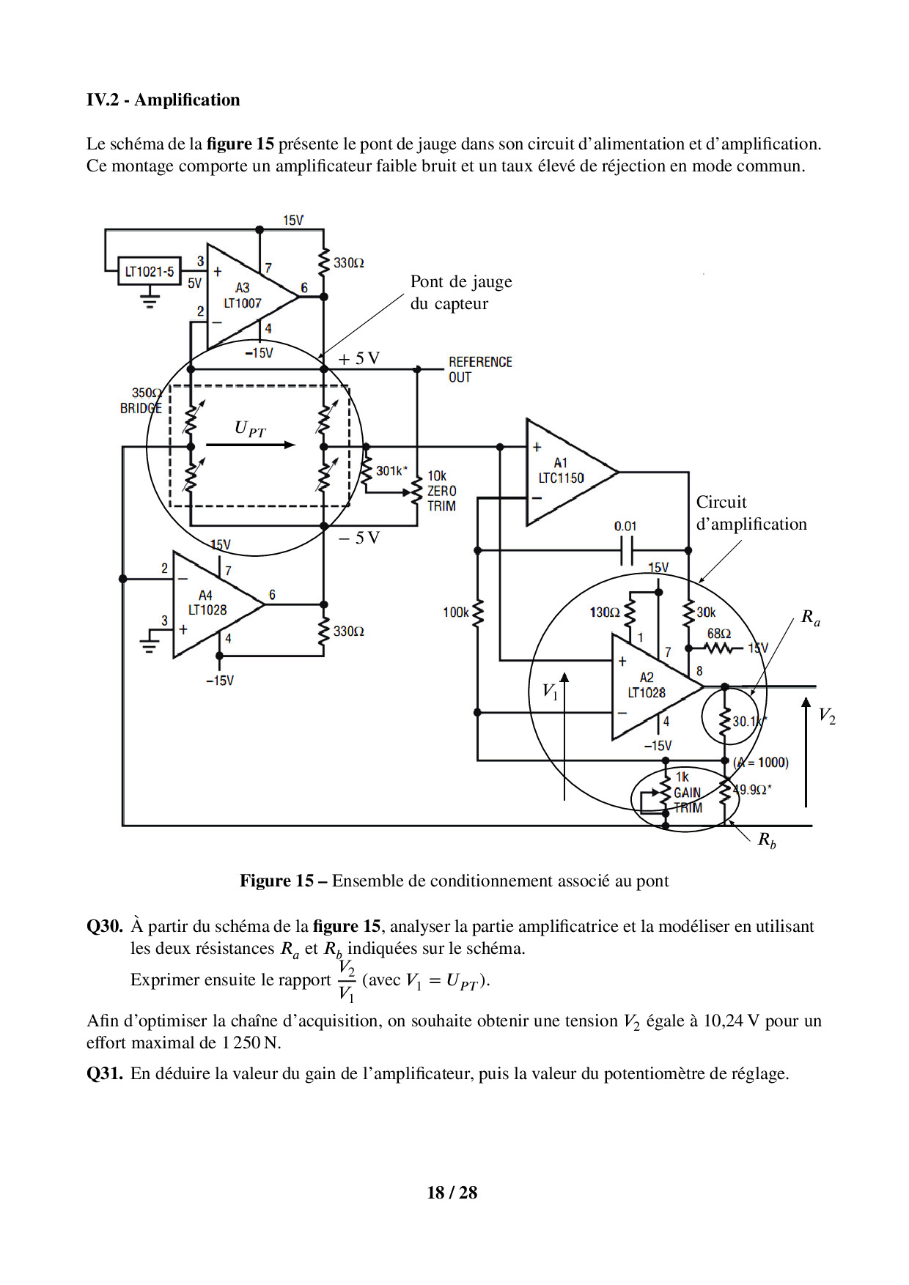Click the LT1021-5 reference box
(150, 272)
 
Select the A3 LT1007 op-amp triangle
(246, 296)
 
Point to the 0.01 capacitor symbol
(627, 549)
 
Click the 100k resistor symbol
(478, 613)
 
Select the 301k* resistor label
(391, 471)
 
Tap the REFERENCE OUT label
(480, 369)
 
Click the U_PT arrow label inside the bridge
(250, 429)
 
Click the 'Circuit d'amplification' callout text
(751, 513)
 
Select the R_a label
(810, 618)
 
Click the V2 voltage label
(826, 716)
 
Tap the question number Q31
(104, 1073)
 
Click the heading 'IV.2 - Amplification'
(163, 100)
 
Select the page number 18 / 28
(452, 1193)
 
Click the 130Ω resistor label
(605, 612)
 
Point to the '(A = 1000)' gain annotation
(761, 763)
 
